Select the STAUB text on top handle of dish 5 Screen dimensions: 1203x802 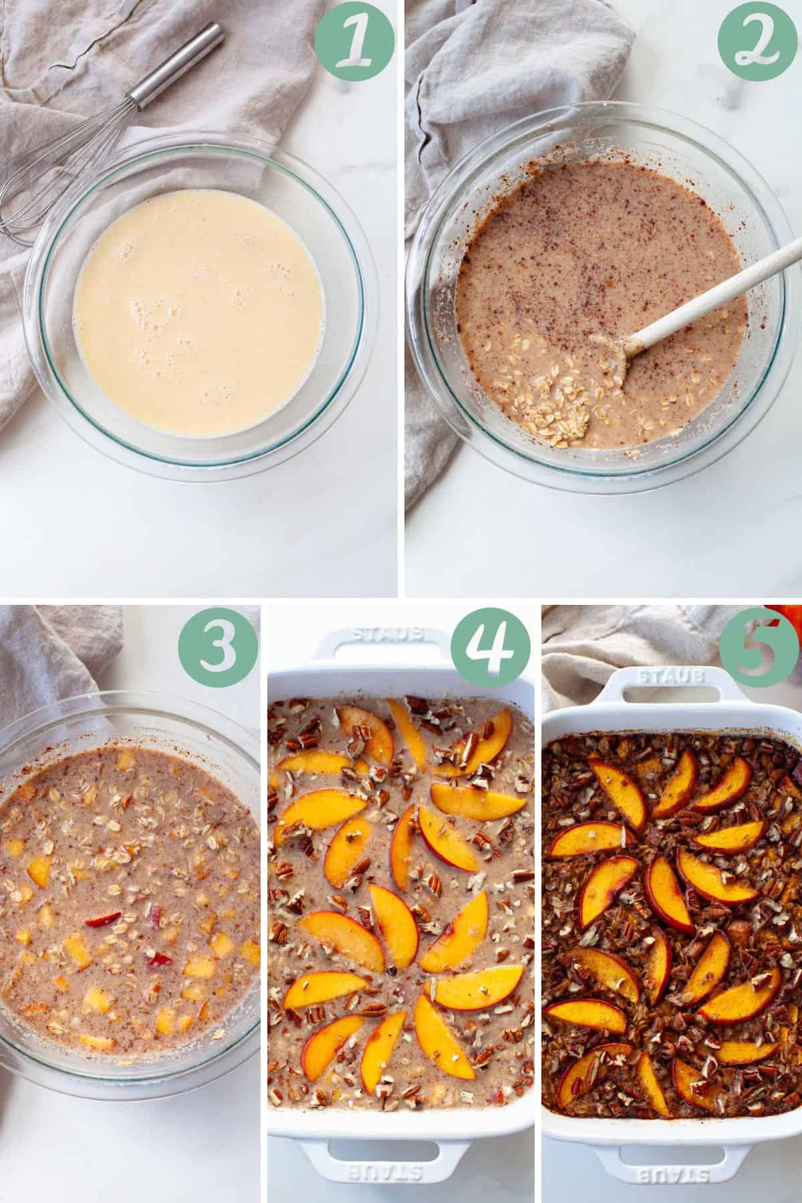coord(672,677)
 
